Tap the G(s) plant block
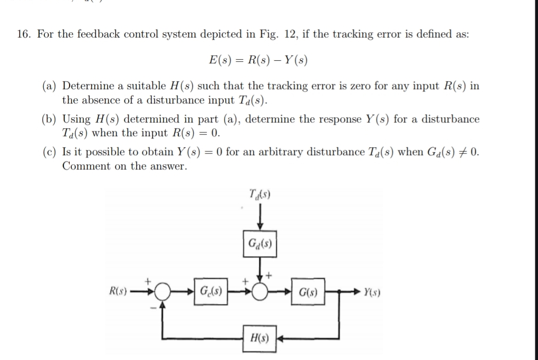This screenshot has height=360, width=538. (308, 291)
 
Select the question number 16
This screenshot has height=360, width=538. (23, 34)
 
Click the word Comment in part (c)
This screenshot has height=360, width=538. (84, 166)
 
